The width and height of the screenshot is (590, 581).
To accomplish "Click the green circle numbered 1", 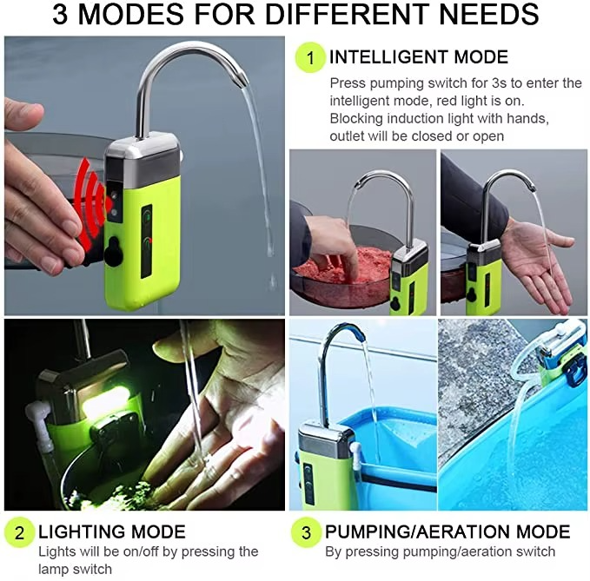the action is [x=310, y=58].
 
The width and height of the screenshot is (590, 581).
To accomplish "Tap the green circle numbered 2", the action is [x=19, y=533].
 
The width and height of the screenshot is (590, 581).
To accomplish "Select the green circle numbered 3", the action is [x=306, y=533].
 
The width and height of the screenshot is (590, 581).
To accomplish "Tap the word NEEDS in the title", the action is [x=489, y=14].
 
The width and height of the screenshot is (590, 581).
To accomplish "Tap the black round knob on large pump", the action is [x=114, y=250].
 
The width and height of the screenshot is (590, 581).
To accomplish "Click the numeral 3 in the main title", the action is [x=60, y=14].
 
